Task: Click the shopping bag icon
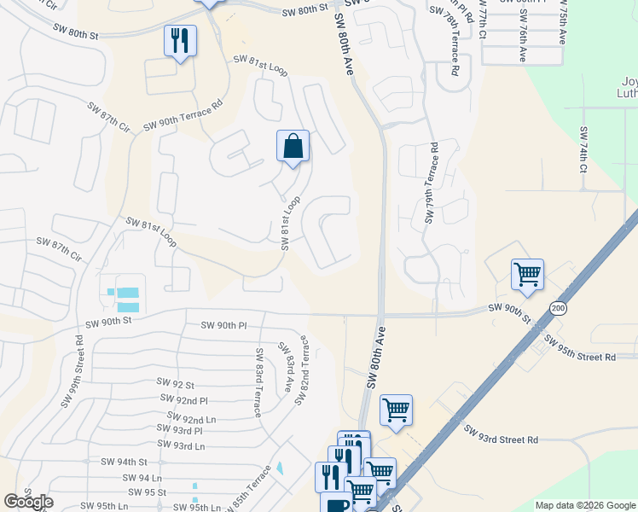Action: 293,146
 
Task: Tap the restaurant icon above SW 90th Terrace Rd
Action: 180,41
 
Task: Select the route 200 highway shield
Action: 558,308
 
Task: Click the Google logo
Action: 28,502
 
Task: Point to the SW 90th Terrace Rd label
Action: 183,114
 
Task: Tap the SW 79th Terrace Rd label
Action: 432,183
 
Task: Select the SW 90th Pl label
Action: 223,325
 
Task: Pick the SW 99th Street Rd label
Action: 72,370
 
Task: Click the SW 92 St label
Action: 176,384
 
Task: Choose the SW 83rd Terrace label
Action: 258,382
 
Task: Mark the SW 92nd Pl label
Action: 184,399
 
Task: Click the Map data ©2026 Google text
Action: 584,505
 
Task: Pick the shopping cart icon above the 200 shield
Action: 528,275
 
